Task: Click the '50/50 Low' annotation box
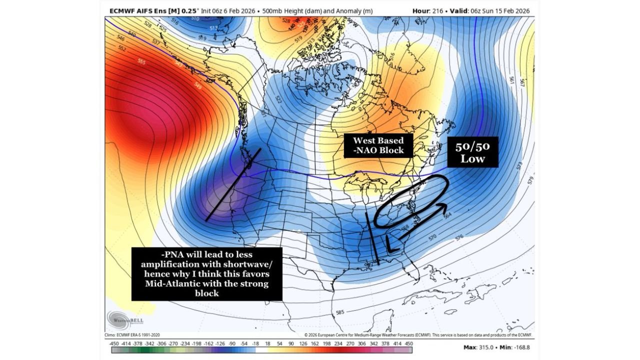pos(472,152)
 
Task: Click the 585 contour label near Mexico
pos(339,312)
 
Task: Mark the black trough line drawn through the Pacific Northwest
pos(233,184)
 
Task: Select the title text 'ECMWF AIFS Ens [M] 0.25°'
pos(153,10)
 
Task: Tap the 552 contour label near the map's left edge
pos(122,48)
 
